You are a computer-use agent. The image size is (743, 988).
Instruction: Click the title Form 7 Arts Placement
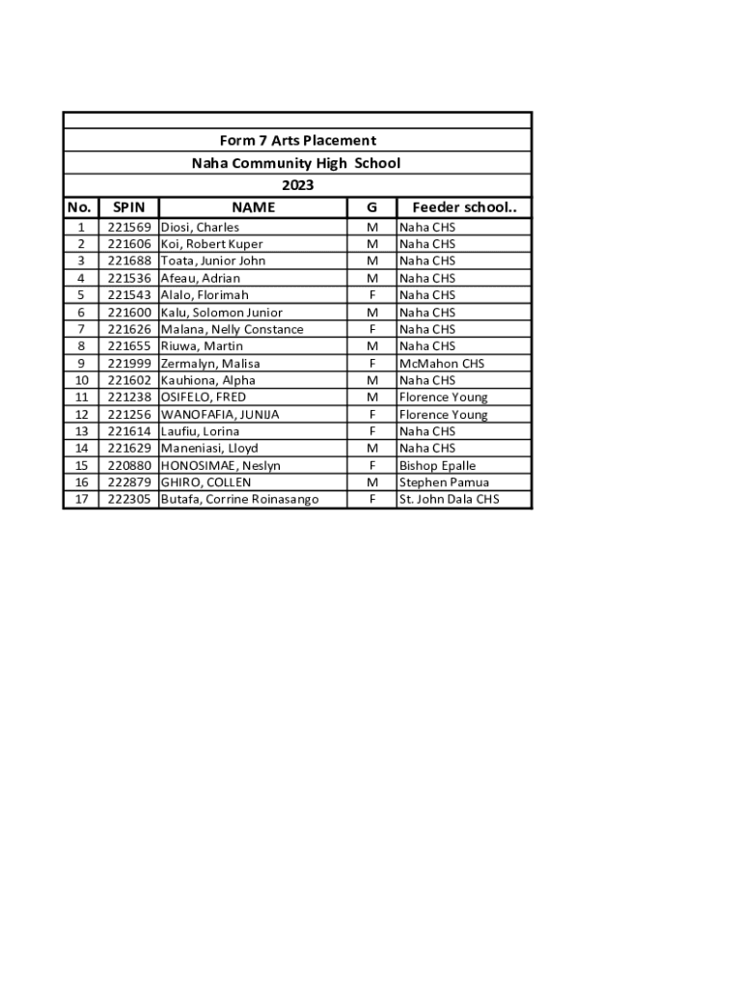click(x=297, y=141)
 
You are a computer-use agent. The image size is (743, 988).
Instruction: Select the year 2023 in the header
click(x=297, y=185)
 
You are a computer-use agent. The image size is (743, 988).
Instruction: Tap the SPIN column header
click(x=128, y=207)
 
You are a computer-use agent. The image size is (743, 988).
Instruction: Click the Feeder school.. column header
click(x=464, y=207)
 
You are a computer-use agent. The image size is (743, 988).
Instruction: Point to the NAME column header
click(x=253, y=207)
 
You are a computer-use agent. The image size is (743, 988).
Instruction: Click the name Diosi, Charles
click(x=200, y=227)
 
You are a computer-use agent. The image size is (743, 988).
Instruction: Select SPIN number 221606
click(x=128, y=244)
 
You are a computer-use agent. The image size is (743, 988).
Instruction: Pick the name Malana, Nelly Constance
click(x=232, y=329)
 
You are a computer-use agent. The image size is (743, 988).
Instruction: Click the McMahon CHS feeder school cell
click(x=442, y=364)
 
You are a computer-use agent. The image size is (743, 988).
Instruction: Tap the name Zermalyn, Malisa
click(x=210, y=364)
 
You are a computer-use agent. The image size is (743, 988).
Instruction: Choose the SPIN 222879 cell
click(x=128, y=482)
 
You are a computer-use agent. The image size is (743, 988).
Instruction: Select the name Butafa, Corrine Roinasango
click(x=239, y=500)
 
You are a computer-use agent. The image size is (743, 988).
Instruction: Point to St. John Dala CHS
click(x=449, y=500)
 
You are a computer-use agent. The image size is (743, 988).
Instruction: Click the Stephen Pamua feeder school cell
click(x=444, y=482)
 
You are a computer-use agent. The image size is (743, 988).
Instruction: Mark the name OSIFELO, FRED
click(x=204, y=398)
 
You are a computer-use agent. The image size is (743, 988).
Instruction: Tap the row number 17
click(x=81, y=500)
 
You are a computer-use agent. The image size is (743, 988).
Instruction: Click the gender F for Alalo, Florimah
click(x=372, y=295)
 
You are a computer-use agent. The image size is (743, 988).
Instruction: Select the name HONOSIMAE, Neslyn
click(x=221, y=465)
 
